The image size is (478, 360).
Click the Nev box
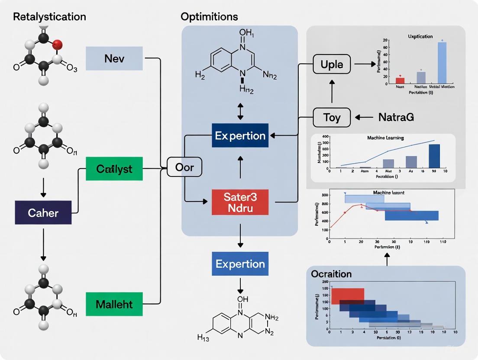click(x=114, y=58)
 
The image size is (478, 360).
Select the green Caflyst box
click(x=114, y=169)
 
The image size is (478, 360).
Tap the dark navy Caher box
click(x=43, y=212)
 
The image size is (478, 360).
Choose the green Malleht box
click(x=114, y=303)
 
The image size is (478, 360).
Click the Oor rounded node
click(x=184, y=167)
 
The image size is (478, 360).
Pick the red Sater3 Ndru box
click(x=240, y=202)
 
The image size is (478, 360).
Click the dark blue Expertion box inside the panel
click(x=240, y=135)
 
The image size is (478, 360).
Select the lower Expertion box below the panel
click(x=240, y=264)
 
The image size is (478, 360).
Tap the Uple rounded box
click(x=332, y=64)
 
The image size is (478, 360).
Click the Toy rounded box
click(x=332, y=117)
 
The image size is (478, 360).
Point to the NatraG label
click(x=396, y=117)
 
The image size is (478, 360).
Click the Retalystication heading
click(x=49, y=17)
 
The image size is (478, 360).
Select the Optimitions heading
click(x=209, y=17)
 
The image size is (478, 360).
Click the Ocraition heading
click(x=331, y=274)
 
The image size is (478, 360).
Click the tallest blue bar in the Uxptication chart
click(x=442, y=62)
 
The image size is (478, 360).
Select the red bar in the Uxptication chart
click(x=400, y=80)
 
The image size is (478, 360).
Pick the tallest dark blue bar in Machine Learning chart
click(x=434, y=156)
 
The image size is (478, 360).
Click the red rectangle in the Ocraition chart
click(x=348, y=296)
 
